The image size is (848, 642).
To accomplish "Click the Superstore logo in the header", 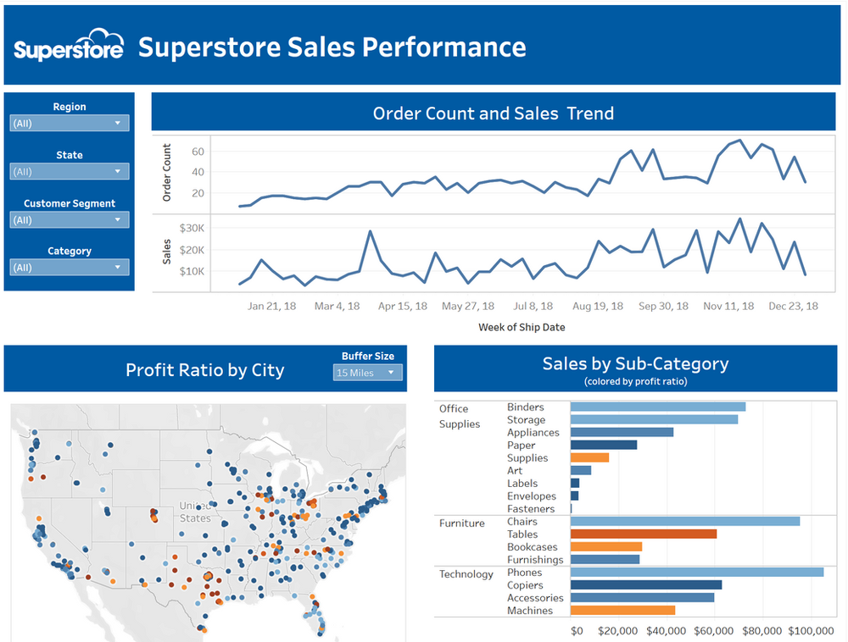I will [69, 47].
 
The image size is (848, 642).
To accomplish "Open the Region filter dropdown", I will [70, 123].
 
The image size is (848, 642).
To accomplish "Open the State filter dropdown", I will [70, 171].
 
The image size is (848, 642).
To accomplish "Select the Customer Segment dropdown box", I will [70, 219].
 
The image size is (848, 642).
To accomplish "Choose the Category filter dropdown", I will [70, 267].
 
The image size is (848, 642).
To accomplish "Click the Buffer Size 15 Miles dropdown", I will [367, 373].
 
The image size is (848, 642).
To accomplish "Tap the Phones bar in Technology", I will [696, 573].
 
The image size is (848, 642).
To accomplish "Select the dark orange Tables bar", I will [643, 534].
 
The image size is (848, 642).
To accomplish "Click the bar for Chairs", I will [684, 522].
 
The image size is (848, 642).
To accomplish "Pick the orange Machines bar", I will [622, 611].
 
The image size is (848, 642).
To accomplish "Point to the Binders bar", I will [657, 407].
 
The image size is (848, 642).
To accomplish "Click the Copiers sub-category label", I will [525, 585].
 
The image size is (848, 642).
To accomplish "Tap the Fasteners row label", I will [530, 509].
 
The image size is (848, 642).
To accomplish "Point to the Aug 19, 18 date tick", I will [597, 307].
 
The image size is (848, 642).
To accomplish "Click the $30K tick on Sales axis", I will [192, 229].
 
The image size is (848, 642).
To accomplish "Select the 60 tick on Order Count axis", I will [198, 152].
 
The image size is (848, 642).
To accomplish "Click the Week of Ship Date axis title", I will [522, 327].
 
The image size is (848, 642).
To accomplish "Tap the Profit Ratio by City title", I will [204, 370].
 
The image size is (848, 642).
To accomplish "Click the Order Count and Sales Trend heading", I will [493, 113].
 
